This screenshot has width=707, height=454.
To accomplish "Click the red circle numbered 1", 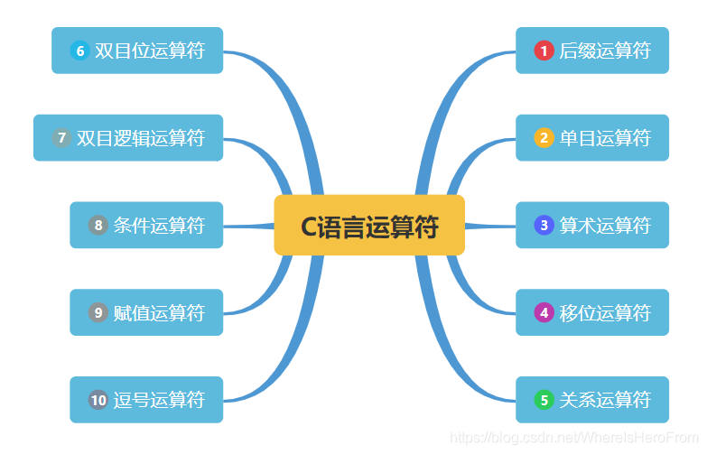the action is [544, 51].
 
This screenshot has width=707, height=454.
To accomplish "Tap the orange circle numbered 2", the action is [544, 137].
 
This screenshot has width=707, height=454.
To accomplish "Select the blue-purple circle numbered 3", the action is [544, 225].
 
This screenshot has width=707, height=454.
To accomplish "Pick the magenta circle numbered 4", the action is [544, 312].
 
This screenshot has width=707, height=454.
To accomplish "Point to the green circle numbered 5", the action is [544, 400].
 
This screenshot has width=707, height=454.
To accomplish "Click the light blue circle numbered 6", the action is [79, 51].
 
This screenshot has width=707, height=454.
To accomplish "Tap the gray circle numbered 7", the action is [61, 137].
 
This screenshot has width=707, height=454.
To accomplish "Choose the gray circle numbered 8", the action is [98, 225].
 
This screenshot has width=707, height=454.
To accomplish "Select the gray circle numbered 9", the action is [98, 312].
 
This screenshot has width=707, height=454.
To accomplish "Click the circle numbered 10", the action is [98, 400].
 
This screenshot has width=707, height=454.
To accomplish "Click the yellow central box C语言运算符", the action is [369, 225].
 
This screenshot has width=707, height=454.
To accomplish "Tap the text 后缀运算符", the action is [605, 51].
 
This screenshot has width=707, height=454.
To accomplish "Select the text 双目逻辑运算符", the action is [141, 138].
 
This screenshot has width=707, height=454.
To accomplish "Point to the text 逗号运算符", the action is [159, 400].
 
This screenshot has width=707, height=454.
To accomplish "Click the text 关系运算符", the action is [605, 400].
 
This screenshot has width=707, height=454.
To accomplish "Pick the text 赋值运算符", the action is [159, 312].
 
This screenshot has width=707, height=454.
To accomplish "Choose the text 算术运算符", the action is [605, 225].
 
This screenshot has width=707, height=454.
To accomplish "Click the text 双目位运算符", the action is [150, 51].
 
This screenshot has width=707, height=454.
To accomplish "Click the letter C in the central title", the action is [309, 227].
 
